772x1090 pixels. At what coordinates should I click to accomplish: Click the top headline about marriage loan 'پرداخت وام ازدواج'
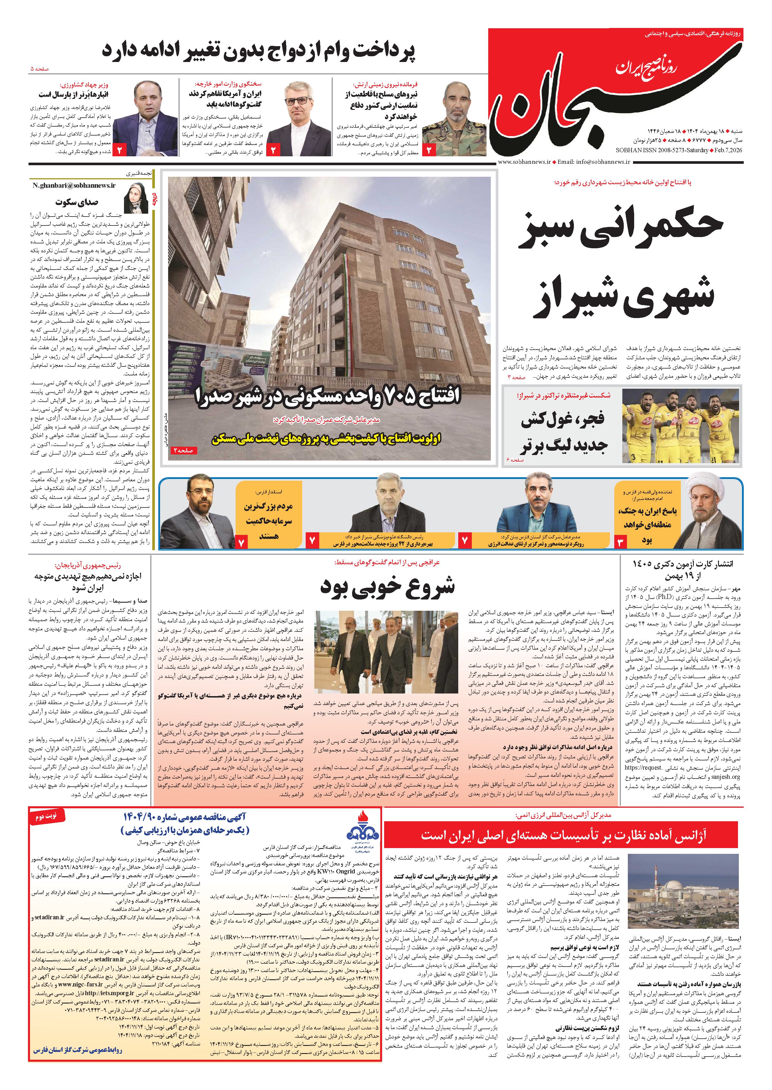[x=259, y=50]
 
